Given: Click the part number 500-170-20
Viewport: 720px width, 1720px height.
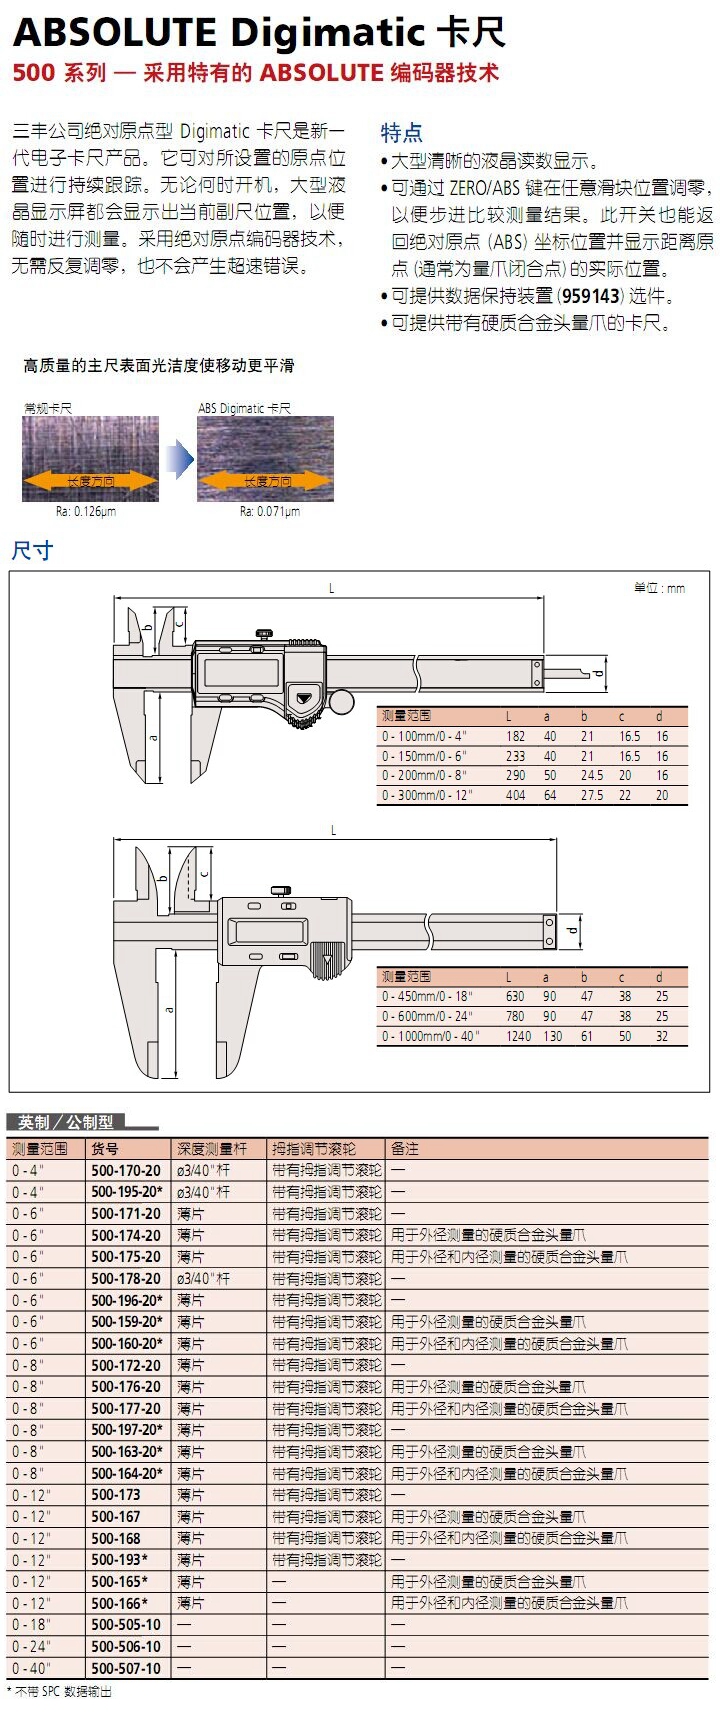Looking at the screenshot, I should coord(125,1170).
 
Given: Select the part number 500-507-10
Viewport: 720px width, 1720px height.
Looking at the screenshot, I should coord(125,1668).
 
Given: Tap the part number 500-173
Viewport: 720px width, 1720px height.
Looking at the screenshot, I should coord(116,1495).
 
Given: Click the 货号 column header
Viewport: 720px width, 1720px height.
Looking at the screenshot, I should coord(105,1149).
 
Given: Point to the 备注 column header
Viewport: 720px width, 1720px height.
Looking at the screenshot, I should coord(405,1149).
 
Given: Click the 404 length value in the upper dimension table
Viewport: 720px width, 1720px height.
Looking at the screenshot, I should coord(515,796).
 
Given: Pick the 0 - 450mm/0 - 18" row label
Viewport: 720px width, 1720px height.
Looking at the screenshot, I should coord(427,997).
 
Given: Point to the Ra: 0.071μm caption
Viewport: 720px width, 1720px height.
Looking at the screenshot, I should coord(269,512).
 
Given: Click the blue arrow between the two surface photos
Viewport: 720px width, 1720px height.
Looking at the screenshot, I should coord(179,460).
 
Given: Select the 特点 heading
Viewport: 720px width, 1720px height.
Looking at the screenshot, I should coord(401,133).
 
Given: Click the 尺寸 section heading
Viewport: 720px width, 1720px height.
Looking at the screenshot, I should coord(31,551).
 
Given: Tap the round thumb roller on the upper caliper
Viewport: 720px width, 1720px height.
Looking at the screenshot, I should coord(342,702).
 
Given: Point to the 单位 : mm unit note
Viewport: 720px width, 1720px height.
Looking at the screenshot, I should coord(660,588).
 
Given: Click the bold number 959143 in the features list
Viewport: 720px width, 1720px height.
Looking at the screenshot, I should coord(590,296).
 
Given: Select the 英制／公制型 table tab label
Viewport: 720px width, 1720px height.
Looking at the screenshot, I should coord(66,1122).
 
